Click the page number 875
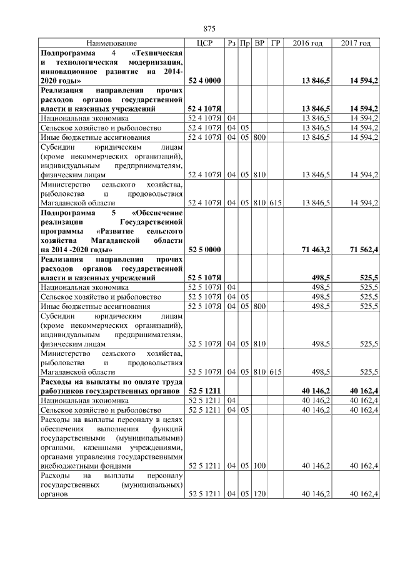(x=209, y=29)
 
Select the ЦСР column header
(x=206, y=43)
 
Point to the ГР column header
(x=276, y=43)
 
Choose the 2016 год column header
(x=307, y=43)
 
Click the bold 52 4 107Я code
(x=206, y=109)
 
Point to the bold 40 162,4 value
(x=364, y=390)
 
